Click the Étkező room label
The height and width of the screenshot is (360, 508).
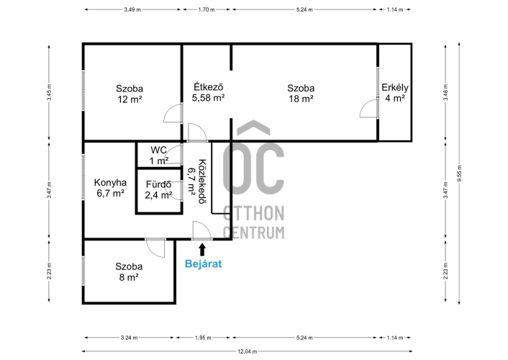tap(209, 87)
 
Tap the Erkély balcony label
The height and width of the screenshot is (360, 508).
tap(394, 88)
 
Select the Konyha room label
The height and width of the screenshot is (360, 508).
tap(110, 183)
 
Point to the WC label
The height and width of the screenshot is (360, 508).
tap(158, 150)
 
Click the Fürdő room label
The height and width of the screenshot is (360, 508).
tap(158, 184)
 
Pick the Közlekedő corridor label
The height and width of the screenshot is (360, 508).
tap(202, 181)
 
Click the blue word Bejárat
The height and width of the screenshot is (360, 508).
tap(203, 264)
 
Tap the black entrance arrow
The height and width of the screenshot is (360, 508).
tap(202, 250)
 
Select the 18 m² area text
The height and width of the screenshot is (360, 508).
tap(301, 99)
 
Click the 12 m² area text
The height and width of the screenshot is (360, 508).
tap(130, 99)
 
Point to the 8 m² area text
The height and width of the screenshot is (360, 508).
tap(129, 277)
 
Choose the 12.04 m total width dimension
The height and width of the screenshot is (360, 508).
tap(248, 351)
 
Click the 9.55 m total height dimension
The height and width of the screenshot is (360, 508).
tap(459, 174)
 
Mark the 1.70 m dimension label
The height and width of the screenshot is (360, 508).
tap(207, 10)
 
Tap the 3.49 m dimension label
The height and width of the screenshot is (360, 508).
tap(132, 10)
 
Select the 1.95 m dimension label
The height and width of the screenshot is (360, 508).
tap(203, 338)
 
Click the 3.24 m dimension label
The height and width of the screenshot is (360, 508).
tap(130, 338)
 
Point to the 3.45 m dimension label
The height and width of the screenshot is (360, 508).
tap(49, 92)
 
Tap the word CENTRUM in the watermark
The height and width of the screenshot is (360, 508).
tap(254, 233)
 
